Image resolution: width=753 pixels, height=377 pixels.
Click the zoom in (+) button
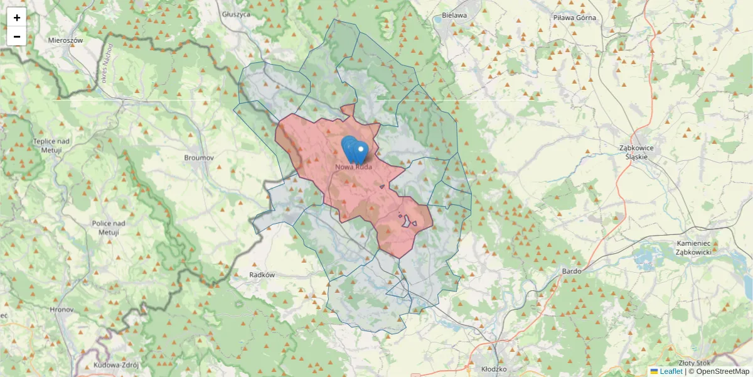click(17, 18)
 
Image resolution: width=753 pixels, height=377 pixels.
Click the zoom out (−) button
click(17, 36)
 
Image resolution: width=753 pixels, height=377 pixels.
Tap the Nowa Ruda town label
click(354, 167)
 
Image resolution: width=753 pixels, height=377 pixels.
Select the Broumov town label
click(200, 158)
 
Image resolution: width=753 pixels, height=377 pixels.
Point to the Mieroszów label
click(66, 40)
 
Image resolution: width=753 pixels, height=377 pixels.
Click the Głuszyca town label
click(236, 14)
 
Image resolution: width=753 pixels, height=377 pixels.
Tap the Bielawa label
click(454, 15)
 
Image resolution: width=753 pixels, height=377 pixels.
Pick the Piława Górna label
click(575, 18)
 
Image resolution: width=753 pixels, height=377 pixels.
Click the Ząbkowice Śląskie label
click(636, 152)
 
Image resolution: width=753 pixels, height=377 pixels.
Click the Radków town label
click(262, 275)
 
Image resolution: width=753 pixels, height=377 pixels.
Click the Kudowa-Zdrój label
click(115, 365)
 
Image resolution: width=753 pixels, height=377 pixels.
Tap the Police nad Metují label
click(109, 227)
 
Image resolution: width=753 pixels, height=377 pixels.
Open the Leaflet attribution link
click(671, 371)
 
